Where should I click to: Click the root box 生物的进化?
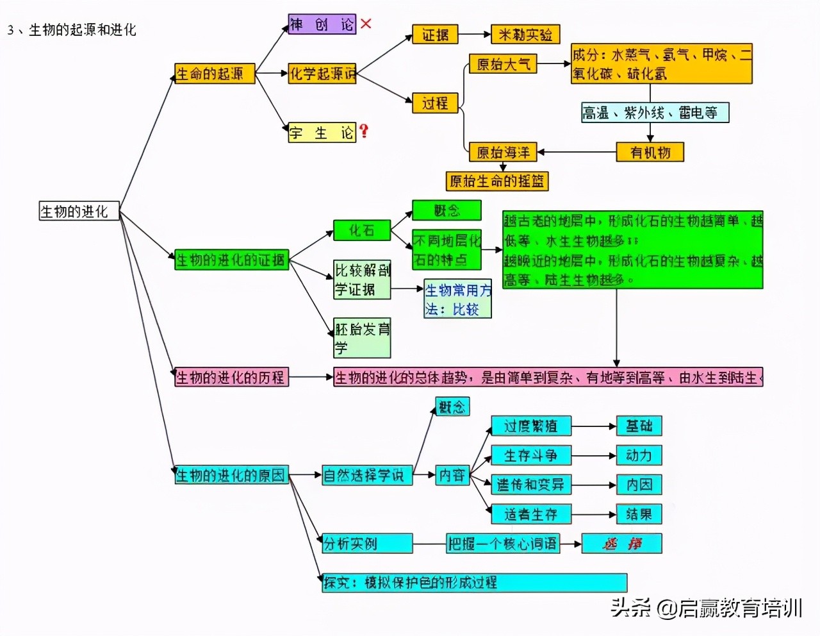(79, 212)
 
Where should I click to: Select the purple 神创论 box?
(322, 25)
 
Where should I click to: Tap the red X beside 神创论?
(366, 24)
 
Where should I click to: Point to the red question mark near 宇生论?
(364, 131)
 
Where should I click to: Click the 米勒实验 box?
(525, 35)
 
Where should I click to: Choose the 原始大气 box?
(503, 64)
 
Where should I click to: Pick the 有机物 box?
(650, 153)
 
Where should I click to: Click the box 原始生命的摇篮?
(497, 181)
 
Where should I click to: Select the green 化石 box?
(361, 230)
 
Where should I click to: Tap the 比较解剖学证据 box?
(362, 280)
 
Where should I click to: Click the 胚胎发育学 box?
(362, 338)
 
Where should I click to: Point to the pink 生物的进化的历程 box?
(231, 377)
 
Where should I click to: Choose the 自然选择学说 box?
(366, 475)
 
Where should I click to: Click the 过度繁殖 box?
(530, 426)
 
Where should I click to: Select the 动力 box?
(639, 455)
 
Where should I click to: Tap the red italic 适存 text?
(621, 544)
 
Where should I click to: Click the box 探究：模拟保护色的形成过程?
(474, 583)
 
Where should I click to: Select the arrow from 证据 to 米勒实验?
(474, 35)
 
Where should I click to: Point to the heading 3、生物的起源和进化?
(72, 29)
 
